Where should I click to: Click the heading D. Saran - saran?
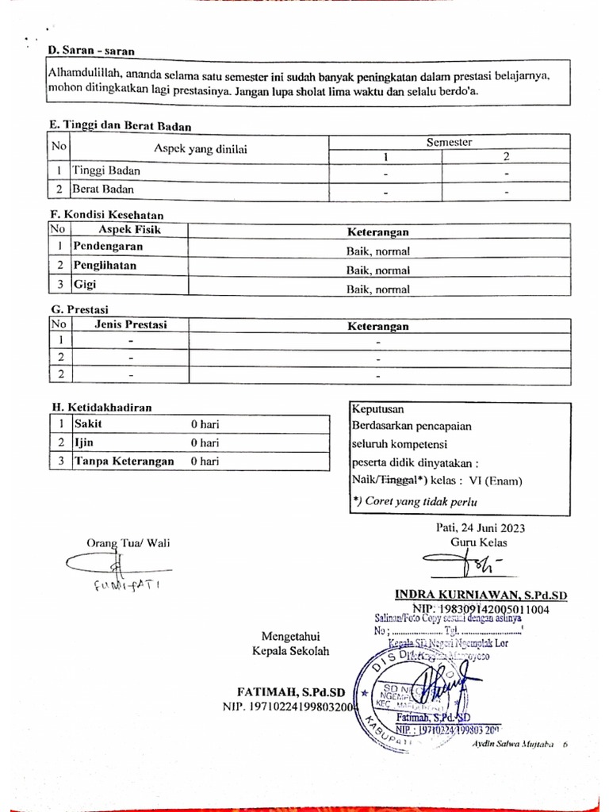coord(90,51)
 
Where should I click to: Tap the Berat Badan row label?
coord(102,190)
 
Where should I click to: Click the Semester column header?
coord(449,142)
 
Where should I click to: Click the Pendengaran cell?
coord(109,246)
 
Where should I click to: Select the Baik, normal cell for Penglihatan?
coord(377,270)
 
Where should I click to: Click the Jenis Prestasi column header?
coord(131,324)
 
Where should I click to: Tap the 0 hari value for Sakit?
coord(205,424)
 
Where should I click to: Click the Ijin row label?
coord(83,442)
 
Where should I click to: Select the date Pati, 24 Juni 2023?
coord(480,528)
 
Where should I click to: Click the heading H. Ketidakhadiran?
coord(101,407)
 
